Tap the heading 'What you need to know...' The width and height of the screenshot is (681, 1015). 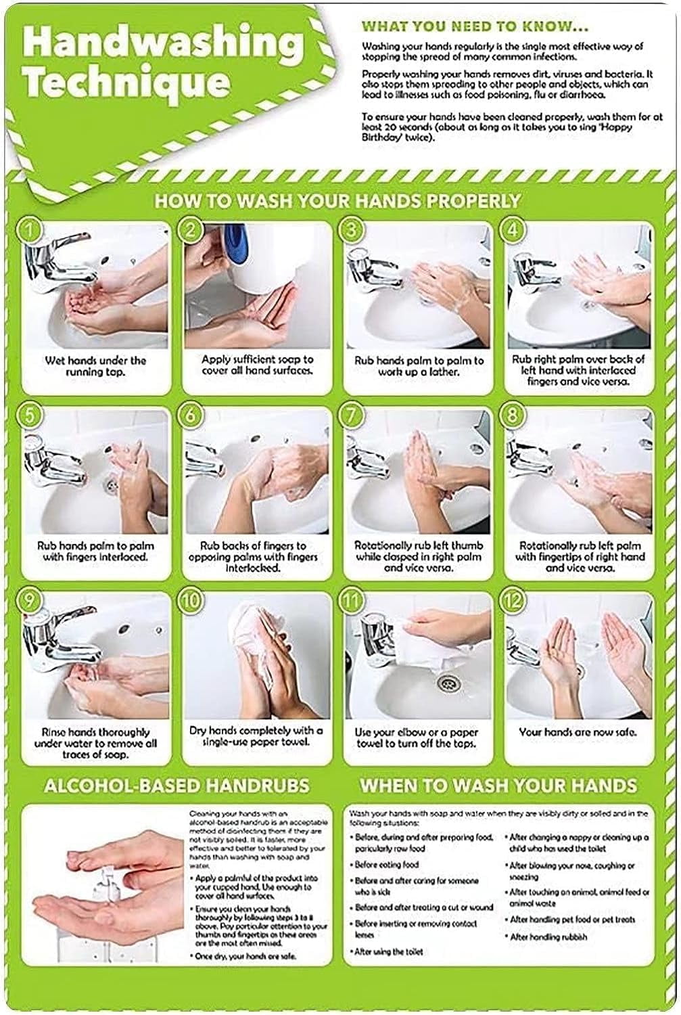pyautogui.click(x=475, y=27)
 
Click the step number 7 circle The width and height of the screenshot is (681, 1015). pyautogui.click(x=351, y=415)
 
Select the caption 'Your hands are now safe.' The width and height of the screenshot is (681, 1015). pyautogui.click(x=578, y=731)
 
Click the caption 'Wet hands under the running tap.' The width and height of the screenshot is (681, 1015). pyautogui.click(x=95, y=366)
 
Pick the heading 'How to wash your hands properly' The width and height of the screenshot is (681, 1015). pyautogui.click(x=337, y=201)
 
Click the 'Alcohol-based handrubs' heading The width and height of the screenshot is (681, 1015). pyautogui.click(x=177, y=786)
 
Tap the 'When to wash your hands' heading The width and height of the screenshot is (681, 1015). pyautogui.click(x=498, y=786)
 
